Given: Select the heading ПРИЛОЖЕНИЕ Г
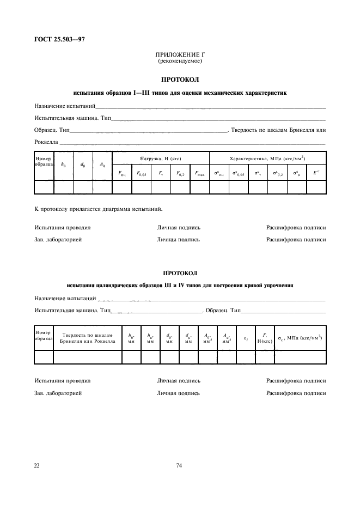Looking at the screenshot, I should [x=180, y=55].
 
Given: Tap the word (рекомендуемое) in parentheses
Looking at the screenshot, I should [x=180, y=61].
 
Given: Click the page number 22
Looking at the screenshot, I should [x=37, y=465].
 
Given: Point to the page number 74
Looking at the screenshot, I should [x=179, y=465].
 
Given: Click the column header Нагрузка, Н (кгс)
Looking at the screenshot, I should [x=160, y=159].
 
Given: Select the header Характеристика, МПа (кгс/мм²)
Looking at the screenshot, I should [x=267, y=159].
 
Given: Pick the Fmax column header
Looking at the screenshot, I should [x=199, y=173].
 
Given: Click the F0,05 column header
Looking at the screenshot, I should [x=141, y=173].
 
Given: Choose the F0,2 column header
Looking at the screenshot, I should [x=180, y=173].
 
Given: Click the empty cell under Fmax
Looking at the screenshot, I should [x=199, y=187].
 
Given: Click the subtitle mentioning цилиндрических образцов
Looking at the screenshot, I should [x=180, y=284].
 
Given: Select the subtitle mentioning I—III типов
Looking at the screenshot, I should [x=180, y=93].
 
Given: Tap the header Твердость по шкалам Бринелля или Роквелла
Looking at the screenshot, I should [x=88, y=338].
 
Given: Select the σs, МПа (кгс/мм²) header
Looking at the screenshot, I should [x=300, y=338].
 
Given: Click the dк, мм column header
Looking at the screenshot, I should [x=188, y=338].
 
